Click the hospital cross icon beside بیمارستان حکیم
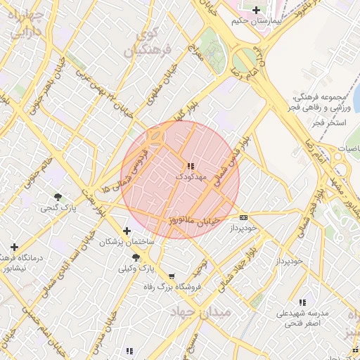(x=257, y=10)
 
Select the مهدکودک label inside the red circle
(x=191, y=177)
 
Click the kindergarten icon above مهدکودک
(x=191, y=167)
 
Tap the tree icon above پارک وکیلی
(x=136, y=258)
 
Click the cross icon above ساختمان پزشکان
(x=127, y=231)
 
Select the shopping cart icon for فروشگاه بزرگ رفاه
(x=172, y=276)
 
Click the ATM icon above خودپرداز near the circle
(x=244, y=217)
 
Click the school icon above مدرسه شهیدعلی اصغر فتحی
(x=302, y=302)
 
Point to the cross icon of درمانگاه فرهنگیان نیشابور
(x=14, y=247)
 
